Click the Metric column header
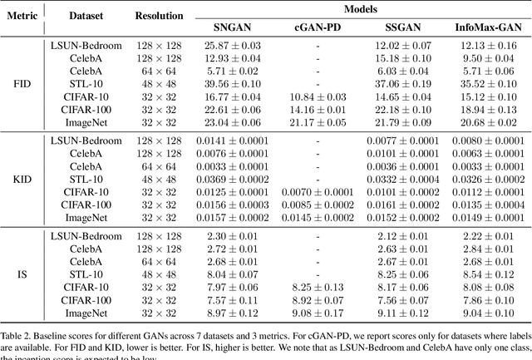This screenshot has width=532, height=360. (x=22, y=15)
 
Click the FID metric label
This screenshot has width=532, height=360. (x=22, y=83)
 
